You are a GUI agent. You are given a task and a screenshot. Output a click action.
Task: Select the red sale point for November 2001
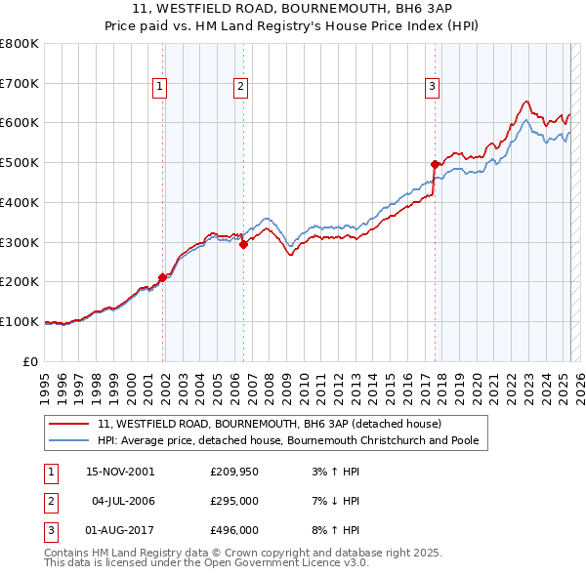tap(162, 277)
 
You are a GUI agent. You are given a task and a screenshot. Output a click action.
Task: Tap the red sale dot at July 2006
tap(243, 244)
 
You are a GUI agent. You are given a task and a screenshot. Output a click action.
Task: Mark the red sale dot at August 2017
tap(435, 164)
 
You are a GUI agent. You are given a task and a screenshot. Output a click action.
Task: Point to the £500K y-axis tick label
tap(20, 162)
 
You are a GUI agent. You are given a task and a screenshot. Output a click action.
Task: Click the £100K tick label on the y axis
tap(20, 321)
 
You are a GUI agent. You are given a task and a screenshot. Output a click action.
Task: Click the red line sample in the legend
tap(69, 424)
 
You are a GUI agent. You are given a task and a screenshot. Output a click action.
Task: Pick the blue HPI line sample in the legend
tap(69, 440)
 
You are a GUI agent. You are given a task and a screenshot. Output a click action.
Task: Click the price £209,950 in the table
tap(232, 472)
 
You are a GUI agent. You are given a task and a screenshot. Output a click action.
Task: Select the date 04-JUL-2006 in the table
tap(123, 501)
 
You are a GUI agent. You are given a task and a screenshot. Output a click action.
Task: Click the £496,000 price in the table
tap(232, 530)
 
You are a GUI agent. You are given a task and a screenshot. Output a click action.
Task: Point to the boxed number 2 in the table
tap(50, 501)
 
